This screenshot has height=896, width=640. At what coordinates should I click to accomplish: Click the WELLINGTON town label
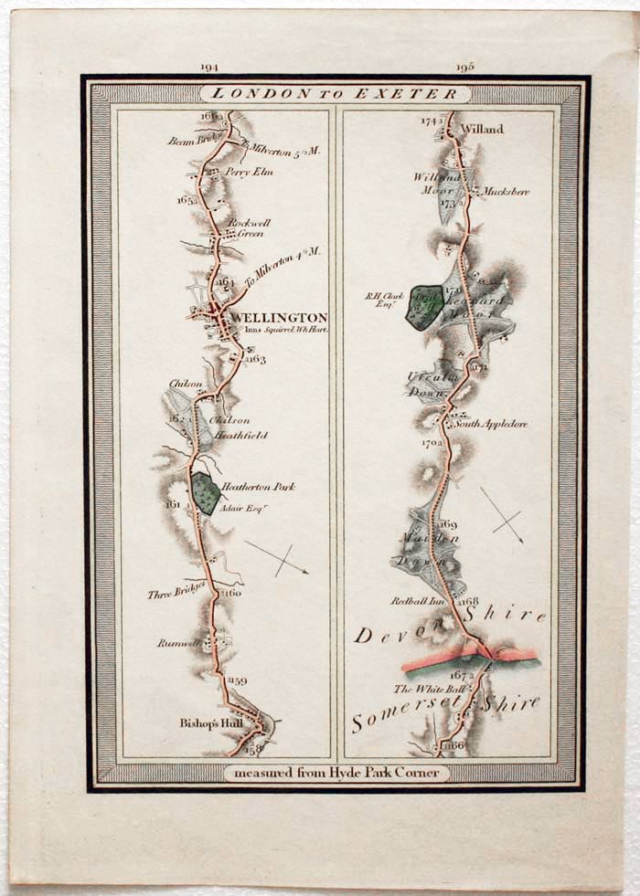point(279,318)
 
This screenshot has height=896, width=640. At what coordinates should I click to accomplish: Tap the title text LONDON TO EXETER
point(337,94)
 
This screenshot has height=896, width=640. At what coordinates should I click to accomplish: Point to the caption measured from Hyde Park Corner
point(337,773)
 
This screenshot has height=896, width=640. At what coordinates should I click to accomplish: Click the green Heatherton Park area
point(206,493)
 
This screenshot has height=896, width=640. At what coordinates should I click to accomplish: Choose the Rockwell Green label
point(245,227)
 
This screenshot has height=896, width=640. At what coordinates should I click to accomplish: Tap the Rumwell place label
point(178,643)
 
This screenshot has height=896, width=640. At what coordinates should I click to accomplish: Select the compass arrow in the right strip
point(502,516)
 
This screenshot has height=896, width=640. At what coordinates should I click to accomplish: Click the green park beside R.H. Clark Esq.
point(424,307)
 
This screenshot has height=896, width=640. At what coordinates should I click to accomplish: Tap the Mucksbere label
point(506,193)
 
